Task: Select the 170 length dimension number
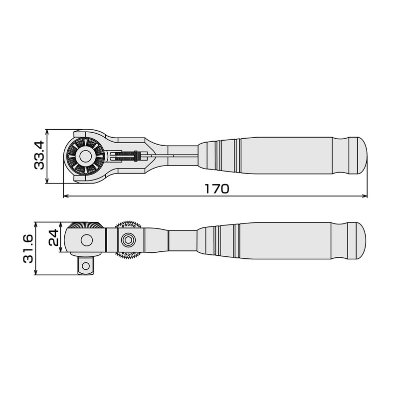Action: pyautogui.click(x=216, y=189)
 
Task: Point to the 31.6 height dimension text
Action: pyautogui.click(x=28, y=248)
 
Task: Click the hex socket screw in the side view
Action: pyautogui.click(x=129, y=240)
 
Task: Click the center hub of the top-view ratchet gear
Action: pyautogui.click(x=85, y=156)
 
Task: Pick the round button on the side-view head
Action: pyautogui.click(x=86, y=240)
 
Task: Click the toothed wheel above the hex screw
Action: pyautogui.click(x=129, y=224)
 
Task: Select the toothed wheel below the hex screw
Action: pyautogui.click(x=129, y=256)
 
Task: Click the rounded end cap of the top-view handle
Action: pyautogui.click(x=358, y=156)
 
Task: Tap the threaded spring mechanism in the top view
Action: pyautogui.click(x=127, y=156)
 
